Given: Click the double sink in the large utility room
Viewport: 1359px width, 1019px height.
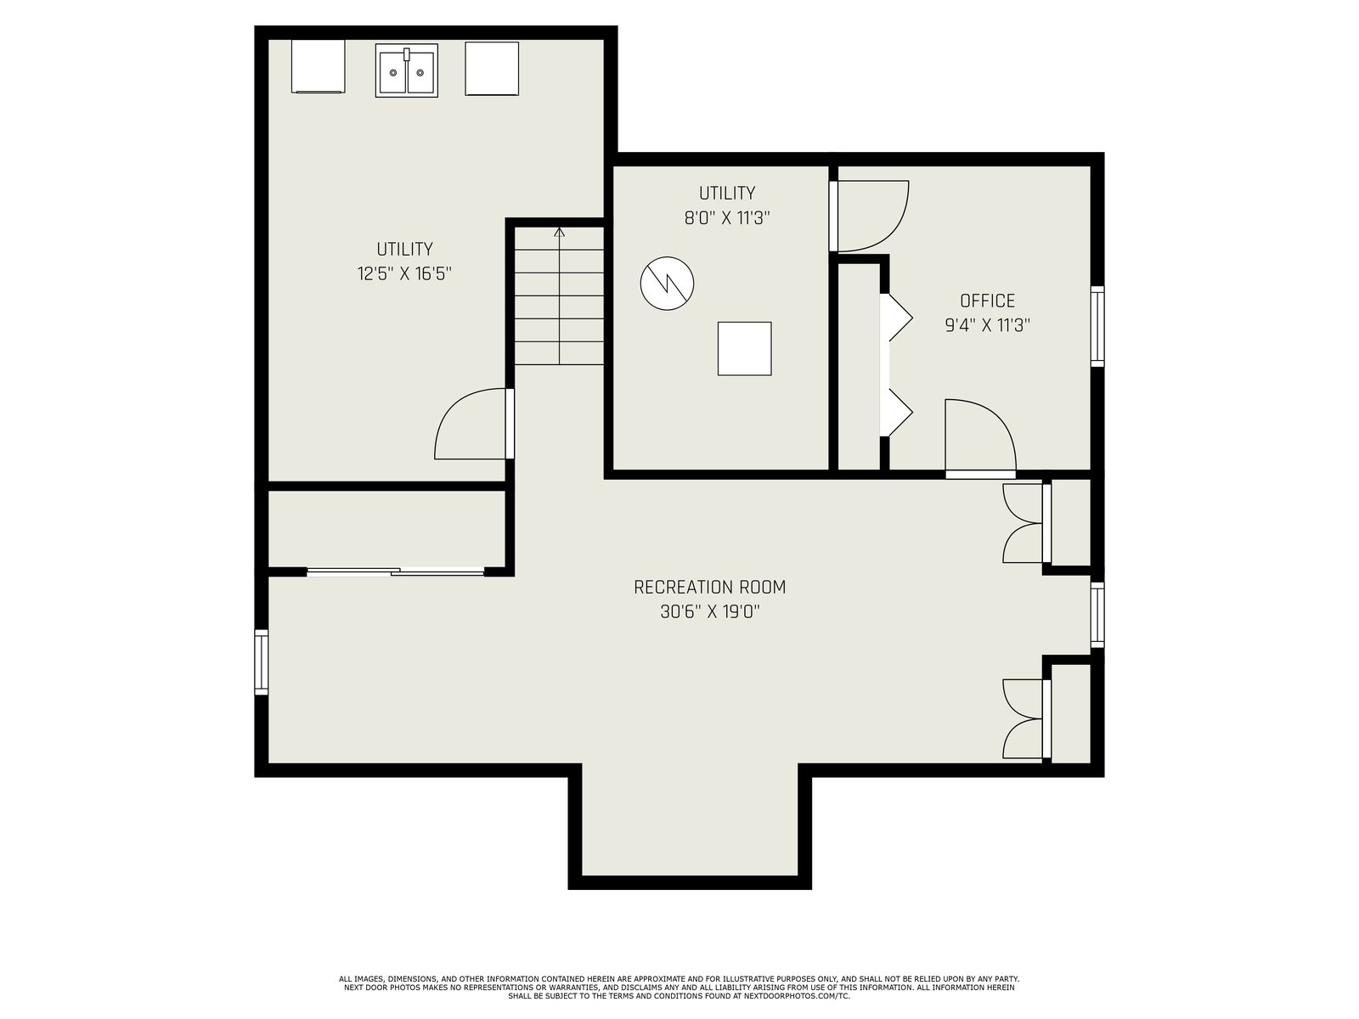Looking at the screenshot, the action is (x=406, y=70).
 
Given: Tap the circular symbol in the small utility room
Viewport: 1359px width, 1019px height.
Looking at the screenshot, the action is (x=667, y=284).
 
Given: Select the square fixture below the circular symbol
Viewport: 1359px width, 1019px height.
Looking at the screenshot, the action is (x=744, y=348).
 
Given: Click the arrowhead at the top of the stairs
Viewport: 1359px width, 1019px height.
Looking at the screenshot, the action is (x=559, y=233).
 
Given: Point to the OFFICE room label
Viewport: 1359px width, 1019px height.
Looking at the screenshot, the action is (x=988, y=301).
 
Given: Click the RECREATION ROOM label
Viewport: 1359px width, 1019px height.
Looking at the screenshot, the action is (x=709, y=587).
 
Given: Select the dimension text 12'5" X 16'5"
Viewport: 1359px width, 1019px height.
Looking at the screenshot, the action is (x=404, y=273).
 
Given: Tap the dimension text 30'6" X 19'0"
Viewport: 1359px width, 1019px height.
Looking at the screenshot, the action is (x=709, y=612).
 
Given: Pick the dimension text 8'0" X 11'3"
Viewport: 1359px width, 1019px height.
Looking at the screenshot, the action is (x=727, y=217).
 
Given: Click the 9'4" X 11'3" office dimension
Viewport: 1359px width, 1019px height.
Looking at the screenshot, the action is (x=988, y=325).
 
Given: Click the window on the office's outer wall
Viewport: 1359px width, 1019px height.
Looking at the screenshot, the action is (x=1097, y=326).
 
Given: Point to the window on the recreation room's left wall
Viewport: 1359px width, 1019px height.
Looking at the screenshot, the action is (x=262, y=662).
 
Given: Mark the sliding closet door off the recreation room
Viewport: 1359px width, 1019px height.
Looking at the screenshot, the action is (x=396, y=571).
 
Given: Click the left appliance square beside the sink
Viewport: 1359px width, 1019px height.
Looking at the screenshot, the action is (x=319, y=67).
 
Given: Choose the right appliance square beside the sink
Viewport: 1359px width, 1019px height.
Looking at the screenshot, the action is (x=492, y=68).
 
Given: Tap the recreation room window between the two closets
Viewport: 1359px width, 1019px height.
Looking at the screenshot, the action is (x=1097, y=614).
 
